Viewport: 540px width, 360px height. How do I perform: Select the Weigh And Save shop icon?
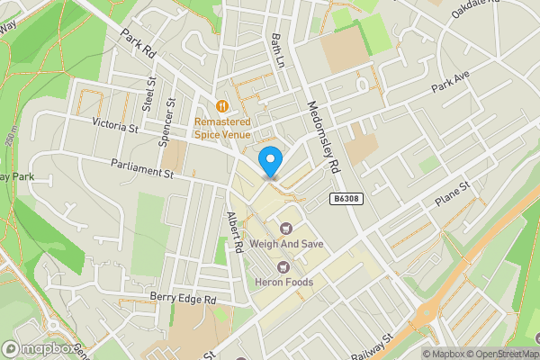(287, 229)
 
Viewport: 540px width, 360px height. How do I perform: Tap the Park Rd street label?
(139, 41)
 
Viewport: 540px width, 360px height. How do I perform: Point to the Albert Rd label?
(235, 230)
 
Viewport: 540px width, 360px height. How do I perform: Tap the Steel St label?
(150, 93)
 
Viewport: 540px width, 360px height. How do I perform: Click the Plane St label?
(453, 196)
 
